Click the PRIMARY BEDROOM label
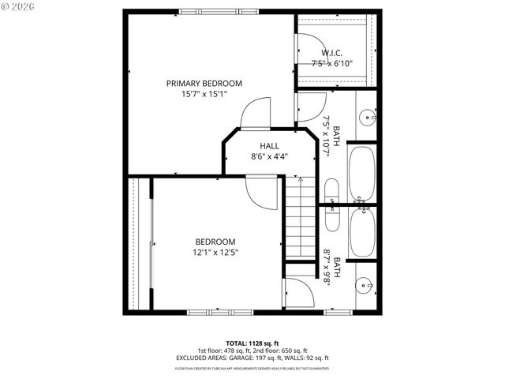(x=204, y=83)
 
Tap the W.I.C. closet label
(x=331, y=53)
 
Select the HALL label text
(x=269, y=146)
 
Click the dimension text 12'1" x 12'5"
(x=215, y=253)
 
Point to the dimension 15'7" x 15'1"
(x=204, y=94)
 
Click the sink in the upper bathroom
(x=367, y=118)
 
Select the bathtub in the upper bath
(x=362, y=173)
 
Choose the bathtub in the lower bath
(x=362, y=232)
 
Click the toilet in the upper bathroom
(x=331, y=190)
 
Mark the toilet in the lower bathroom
(x=331, y=218)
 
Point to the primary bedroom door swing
(x=256, y=114)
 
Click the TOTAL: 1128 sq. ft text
(x=252, y=343)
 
